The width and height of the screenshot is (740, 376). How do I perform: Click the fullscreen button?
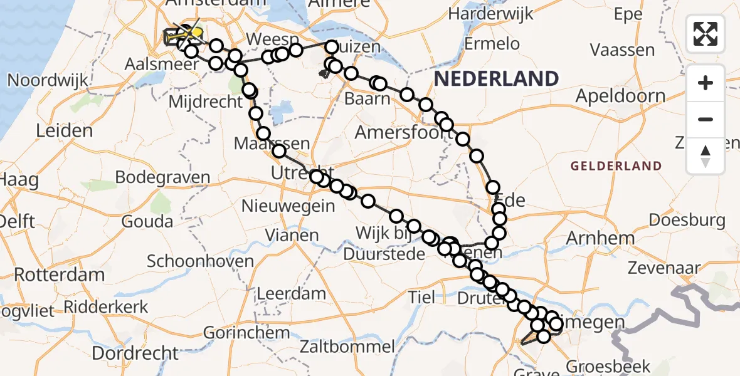coord(706,34)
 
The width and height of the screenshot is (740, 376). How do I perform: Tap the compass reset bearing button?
coord(706,156)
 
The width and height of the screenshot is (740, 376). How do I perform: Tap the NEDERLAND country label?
coord(495,79)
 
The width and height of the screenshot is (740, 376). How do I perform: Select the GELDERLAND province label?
coord(616,166)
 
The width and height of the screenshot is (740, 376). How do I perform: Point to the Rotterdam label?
coord(60,274)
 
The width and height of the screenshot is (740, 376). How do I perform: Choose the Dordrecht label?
coord(135,353)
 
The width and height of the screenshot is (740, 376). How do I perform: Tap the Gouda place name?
coord(148,221)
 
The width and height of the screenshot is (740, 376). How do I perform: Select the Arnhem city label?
coord(591,238)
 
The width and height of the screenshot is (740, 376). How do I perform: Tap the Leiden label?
coord(65,131)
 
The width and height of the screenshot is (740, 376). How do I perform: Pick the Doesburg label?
coord(687,220)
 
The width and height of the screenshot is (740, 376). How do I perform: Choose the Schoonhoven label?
coord(201,262)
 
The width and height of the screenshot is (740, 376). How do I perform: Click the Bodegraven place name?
coord(163,177)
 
